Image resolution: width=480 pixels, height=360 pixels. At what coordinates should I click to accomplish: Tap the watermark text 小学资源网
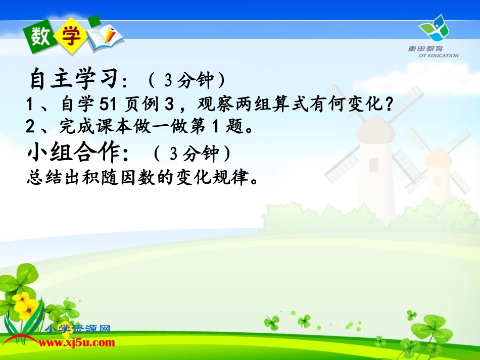78,329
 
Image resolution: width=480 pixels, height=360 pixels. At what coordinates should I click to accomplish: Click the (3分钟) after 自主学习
187,80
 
